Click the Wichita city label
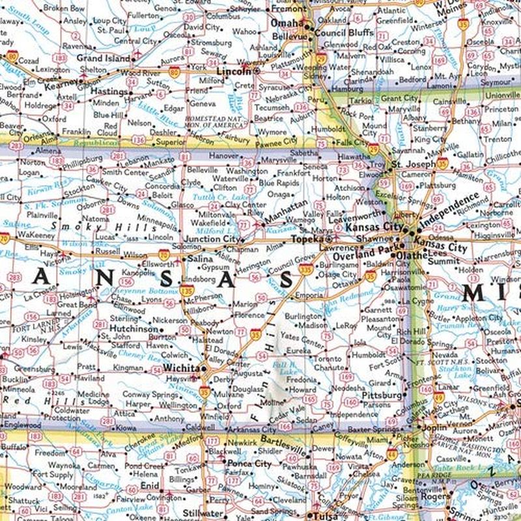183,367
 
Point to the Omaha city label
288,23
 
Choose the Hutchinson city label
134,330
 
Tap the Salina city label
200,259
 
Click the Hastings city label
108,92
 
